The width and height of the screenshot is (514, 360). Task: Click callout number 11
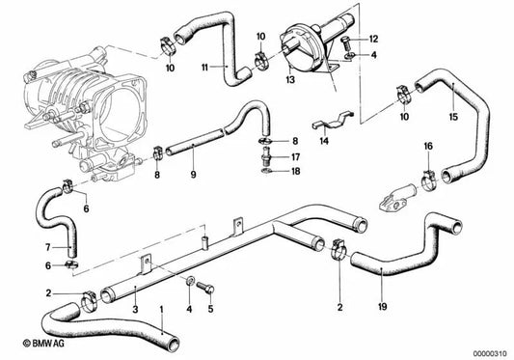coord(203,68)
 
